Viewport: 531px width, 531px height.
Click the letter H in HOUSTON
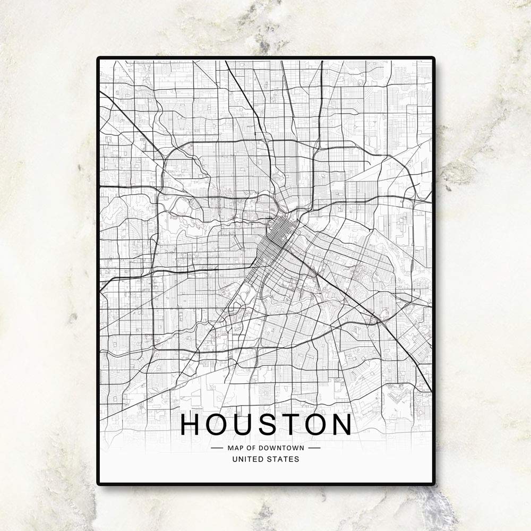click(192, 424)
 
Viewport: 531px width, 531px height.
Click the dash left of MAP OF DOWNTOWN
click(217, 448)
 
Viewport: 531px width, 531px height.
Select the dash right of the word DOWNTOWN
click(314, 448)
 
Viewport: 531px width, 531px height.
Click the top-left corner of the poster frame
click(98, 58)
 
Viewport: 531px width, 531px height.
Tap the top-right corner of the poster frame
click(433, 58)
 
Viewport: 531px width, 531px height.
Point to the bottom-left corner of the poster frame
click(98, 484)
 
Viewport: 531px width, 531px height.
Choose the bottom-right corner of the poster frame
click(433, 484)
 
